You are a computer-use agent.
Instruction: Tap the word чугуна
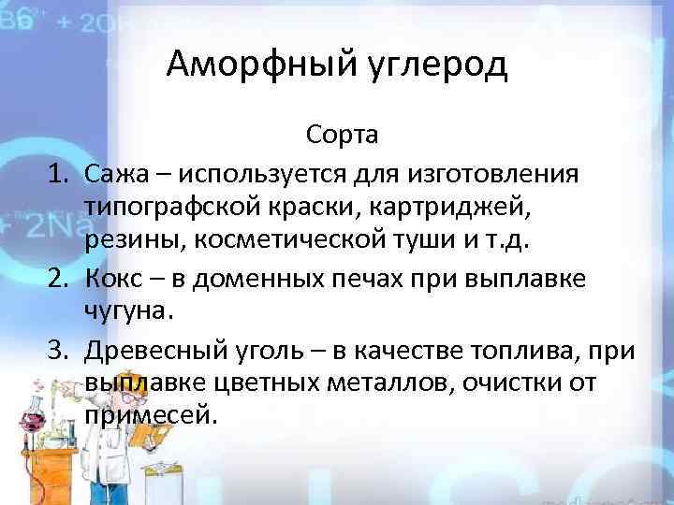[124, 311]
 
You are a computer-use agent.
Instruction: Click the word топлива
[532, 350]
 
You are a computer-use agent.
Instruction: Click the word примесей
[150, 415]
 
